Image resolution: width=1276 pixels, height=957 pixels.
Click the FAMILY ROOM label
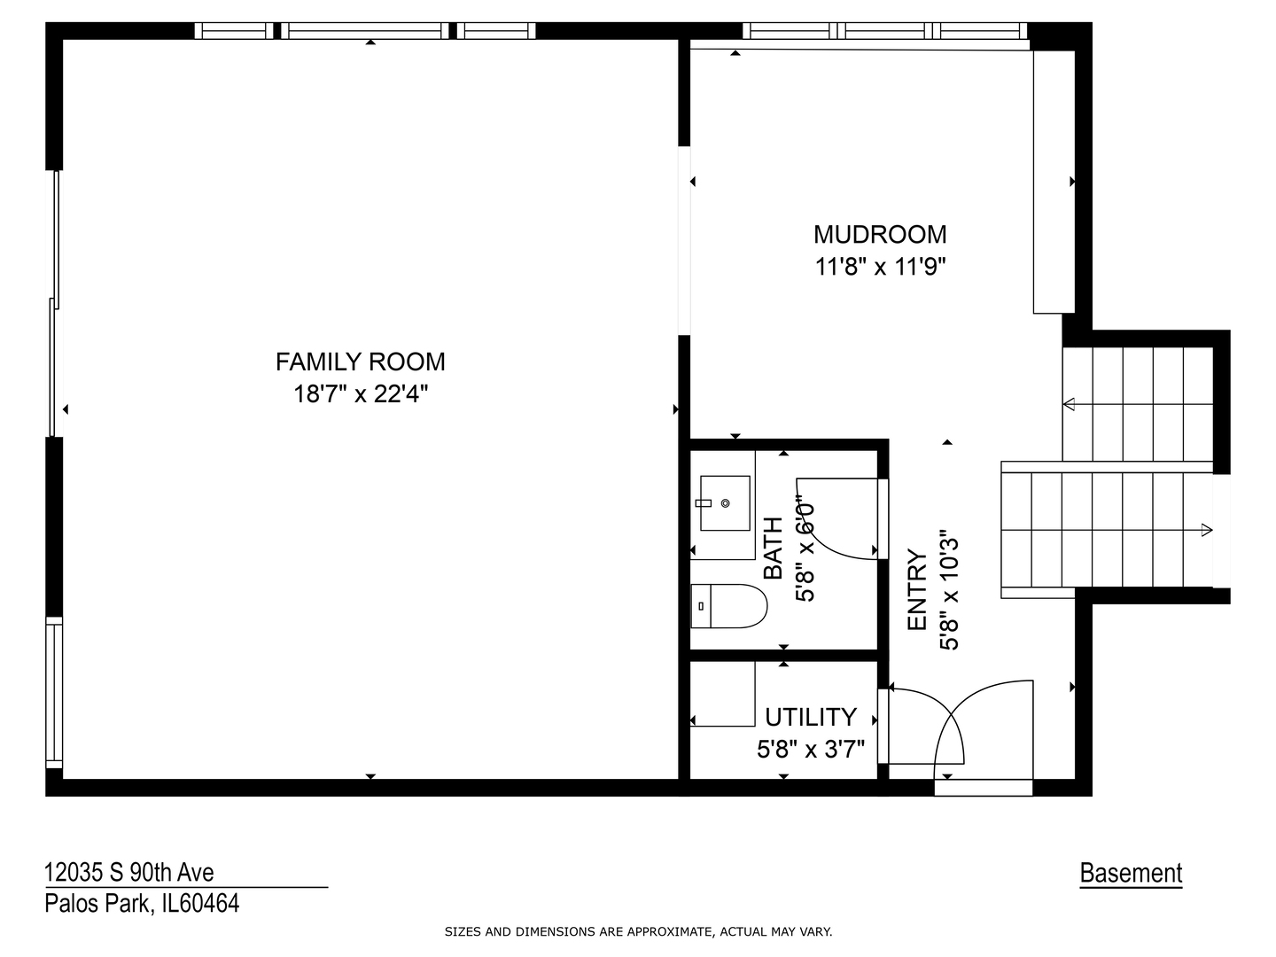(x=360, y=362)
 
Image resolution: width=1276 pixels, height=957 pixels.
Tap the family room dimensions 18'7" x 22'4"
(x=361, y=394)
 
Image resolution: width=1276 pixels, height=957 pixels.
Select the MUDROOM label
(x=880, y=235)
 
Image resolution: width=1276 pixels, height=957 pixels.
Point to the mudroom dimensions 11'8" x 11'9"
(x=880, y=267)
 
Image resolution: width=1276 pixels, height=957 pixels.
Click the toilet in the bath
(x=728, y=606)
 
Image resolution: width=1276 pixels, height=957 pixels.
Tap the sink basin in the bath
(x=725, y=503)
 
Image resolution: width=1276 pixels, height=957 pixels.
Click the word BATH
(x=774, y=548)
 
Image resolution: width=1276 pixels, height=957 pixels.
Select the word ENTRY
(x=917, y=589)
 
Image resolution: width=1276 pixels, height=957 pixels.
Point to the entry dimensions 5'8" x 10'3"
(x=949, y=590)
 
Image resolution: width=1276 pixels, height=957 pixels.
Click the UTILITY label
(x=811, y=717)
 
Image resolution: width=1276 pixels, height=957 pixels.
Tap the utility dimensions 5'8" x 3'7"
(x=811, y=749)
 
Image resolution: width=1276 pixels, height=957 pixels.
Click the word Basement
(x=1131, y=873)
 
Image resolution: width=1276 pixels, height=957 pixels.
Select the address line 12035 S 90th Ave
(x=129, y=872)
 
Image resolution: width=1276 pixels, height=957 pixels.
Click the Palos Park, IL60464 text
(x=142, y=904)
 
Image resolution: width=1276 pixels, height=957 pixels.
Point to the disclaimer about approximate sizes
(x=638, y=932)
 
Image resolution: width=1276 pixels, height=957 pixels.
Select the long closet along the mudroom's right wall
(x=1054, y=182)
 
